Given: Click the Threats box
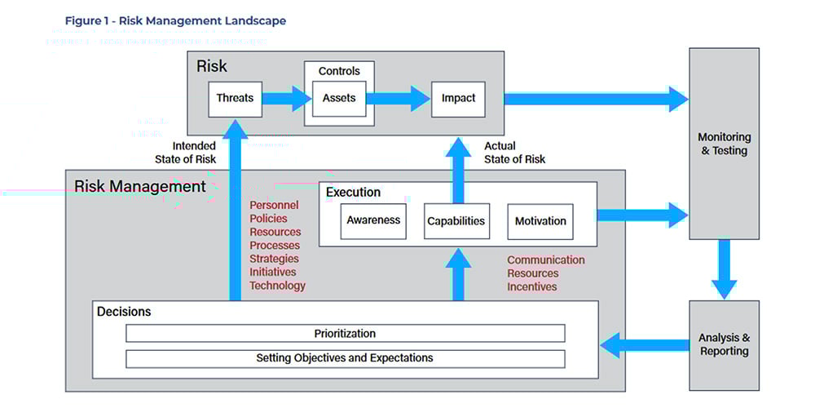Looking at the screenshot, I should tap(235, 98).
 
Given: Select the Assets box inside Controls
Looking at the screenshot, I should tap(339, 98).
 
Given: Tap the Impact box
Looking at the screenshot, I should tap(458, 98).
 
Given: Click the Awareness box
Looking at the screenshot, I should tap(373, 221).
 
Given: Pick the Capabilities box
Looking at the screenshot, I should tap(456, 221).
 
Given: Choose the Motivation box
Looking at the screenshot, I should tap(540, 221).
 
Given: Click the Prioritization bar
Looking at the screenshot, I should tap(345, 334).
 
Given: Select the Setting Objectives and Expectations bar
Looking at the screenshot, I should tap(345, 358).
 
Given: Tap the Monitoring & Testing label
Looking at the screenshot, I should tap(724, 144).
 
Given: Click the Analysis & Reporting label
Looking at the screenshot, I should tap(724, 344).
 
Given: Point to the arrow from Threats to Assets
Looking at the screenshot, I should tap(286, 99).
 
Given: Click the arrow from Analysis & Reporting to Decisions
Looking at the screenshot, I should tap(644, 345).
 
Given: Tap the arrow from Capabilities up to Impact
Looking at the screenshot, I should tap(458, 169).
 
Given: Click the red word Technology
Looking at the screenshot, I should tap(277, 286).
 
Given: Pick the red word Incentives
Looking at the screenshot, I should tap(532, 286).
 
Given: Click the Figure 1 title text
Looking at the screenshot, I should tap(175, 20).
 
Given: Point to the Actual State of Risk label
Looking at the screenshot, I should tap(515, 153).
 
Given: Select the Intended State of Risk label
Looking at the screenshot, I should tap(186, 153).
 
